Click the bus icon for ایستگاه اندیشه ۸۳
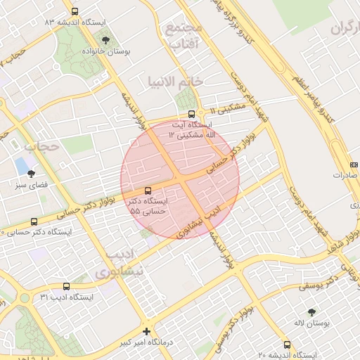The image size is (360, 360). (75, 11)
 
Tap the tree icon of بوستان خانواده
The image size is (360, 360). (105, 40)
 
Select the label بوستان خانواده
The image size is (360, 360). (105, 53)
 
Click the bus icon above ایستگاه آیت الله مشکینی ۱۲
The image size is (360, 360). (191, 114)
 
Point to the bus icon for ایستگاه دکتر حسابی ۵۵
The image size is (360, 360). (148, 191)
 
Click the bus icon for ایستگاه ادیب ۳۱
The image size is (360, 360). (66, 286)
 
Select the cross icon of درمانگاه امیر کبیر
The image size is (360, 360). (146, 331)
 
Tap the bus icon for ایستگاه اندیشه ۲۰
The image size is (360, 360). (287, 345)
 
